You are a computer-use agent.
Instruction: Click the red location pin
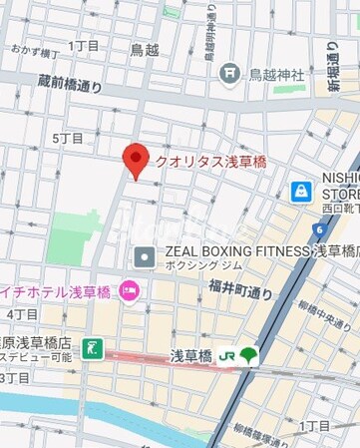(136, 158)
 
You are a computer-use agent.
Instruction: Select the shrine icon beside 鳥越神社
(230, 72)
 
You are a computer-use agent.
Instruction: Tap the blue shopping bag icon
(300, 191)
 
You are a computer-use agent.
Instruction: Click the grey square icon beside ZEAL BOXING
(146, 257)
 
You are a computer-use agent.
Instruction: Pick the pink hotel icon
(129, 290)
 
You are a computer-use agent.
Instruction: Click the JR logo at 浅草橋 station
(227, 355)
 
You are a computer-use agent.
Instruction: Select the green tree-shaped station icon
(248, 354)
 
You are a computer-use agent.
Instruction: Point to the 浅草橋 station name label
(190, 355)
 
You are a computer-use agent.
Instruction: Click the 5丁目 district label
(69, 138)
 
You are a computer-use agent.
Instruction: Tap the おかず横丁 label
(33, 47)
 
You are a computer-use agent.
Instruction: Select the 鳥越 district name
(146, 48)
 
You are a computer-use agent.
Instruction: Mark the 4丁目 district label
(22, 314)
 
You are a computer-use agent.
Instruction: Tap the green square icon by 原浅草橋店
(93, 348)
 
